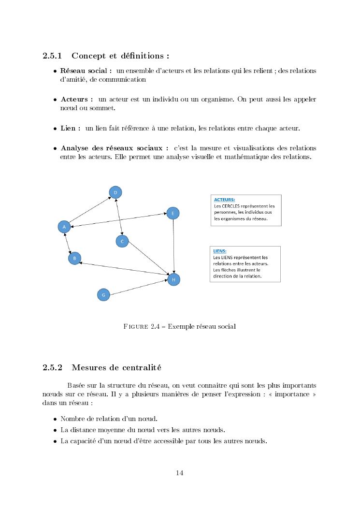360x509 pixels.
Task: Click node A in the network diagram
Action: coord(64,226)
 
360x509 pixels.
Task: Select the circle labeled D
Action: coord(115,192)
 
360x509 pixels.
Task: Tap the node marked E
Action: coord(173,213)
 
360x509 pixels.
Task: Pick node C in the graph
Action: coord(122,241)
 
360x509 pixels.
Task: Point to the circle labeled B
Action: coord(74,259)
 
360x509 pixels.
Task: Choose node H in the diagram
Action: coord(173,279)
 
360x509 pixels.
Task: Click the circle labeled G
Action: coord(103,294)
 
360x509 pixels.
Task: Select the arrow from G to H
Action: coord(139,287)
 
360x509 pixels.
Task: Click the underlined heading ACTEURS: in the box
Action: coord(225,199)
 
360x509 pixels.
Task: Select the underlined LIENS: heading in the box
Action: coord(219,251)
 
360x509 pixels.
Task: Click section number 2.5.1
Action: coord(53,56)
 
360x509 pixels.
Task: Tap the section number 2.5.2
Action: coord(53,367)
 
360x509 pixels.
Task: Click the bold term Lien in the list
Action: coord(68,129)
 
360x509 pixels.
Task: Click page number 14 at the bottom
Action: coord(180,473)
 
